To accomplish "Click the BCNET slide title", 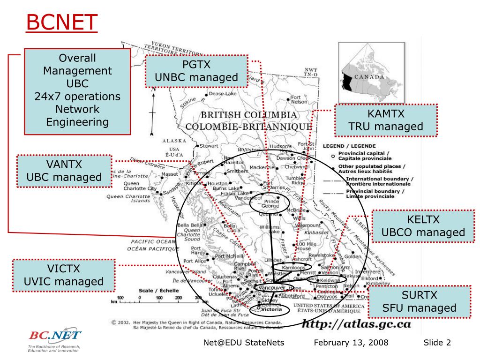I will (x=61, y=22).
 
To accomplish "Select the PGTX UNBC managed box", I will (x=196, y=71).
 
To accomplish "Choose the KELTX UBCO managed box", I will (x=423, y=226).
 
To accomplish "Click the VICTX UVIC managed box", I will (x=63, y=275).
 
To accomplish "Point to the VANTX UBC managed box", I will (x=64, y=171).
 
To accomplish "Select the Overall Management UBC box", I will (x=77, y=90).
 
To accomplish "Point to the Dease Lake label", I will (x=223, y=94).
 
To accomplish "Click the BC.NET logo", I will (x=55, y=336).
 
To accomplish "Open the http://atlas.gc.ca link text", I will (x=356, y=323).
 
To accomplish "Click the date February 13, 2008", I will (x=351, y=343).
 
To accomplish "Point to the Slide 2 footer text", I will (x=437, y=343).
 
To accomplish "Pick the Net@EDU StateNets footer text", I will (x=244, y=343).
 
